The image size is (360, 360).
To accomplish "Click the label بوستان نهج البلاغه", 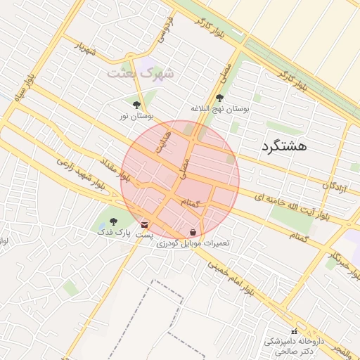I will point(220,110).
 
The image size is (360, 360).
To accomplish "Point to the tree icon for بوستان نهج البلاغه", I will point(220,98).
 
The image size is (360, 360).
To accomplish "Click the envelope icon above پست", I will point(145,224).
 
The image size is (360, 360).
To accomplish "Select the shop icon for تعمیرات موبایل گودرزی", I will point(193,232).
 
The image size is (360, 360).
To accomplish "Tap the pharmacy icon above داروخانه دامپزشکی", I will point(294,331).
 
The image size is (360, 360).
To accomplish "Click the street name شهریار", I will point(84,48).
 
